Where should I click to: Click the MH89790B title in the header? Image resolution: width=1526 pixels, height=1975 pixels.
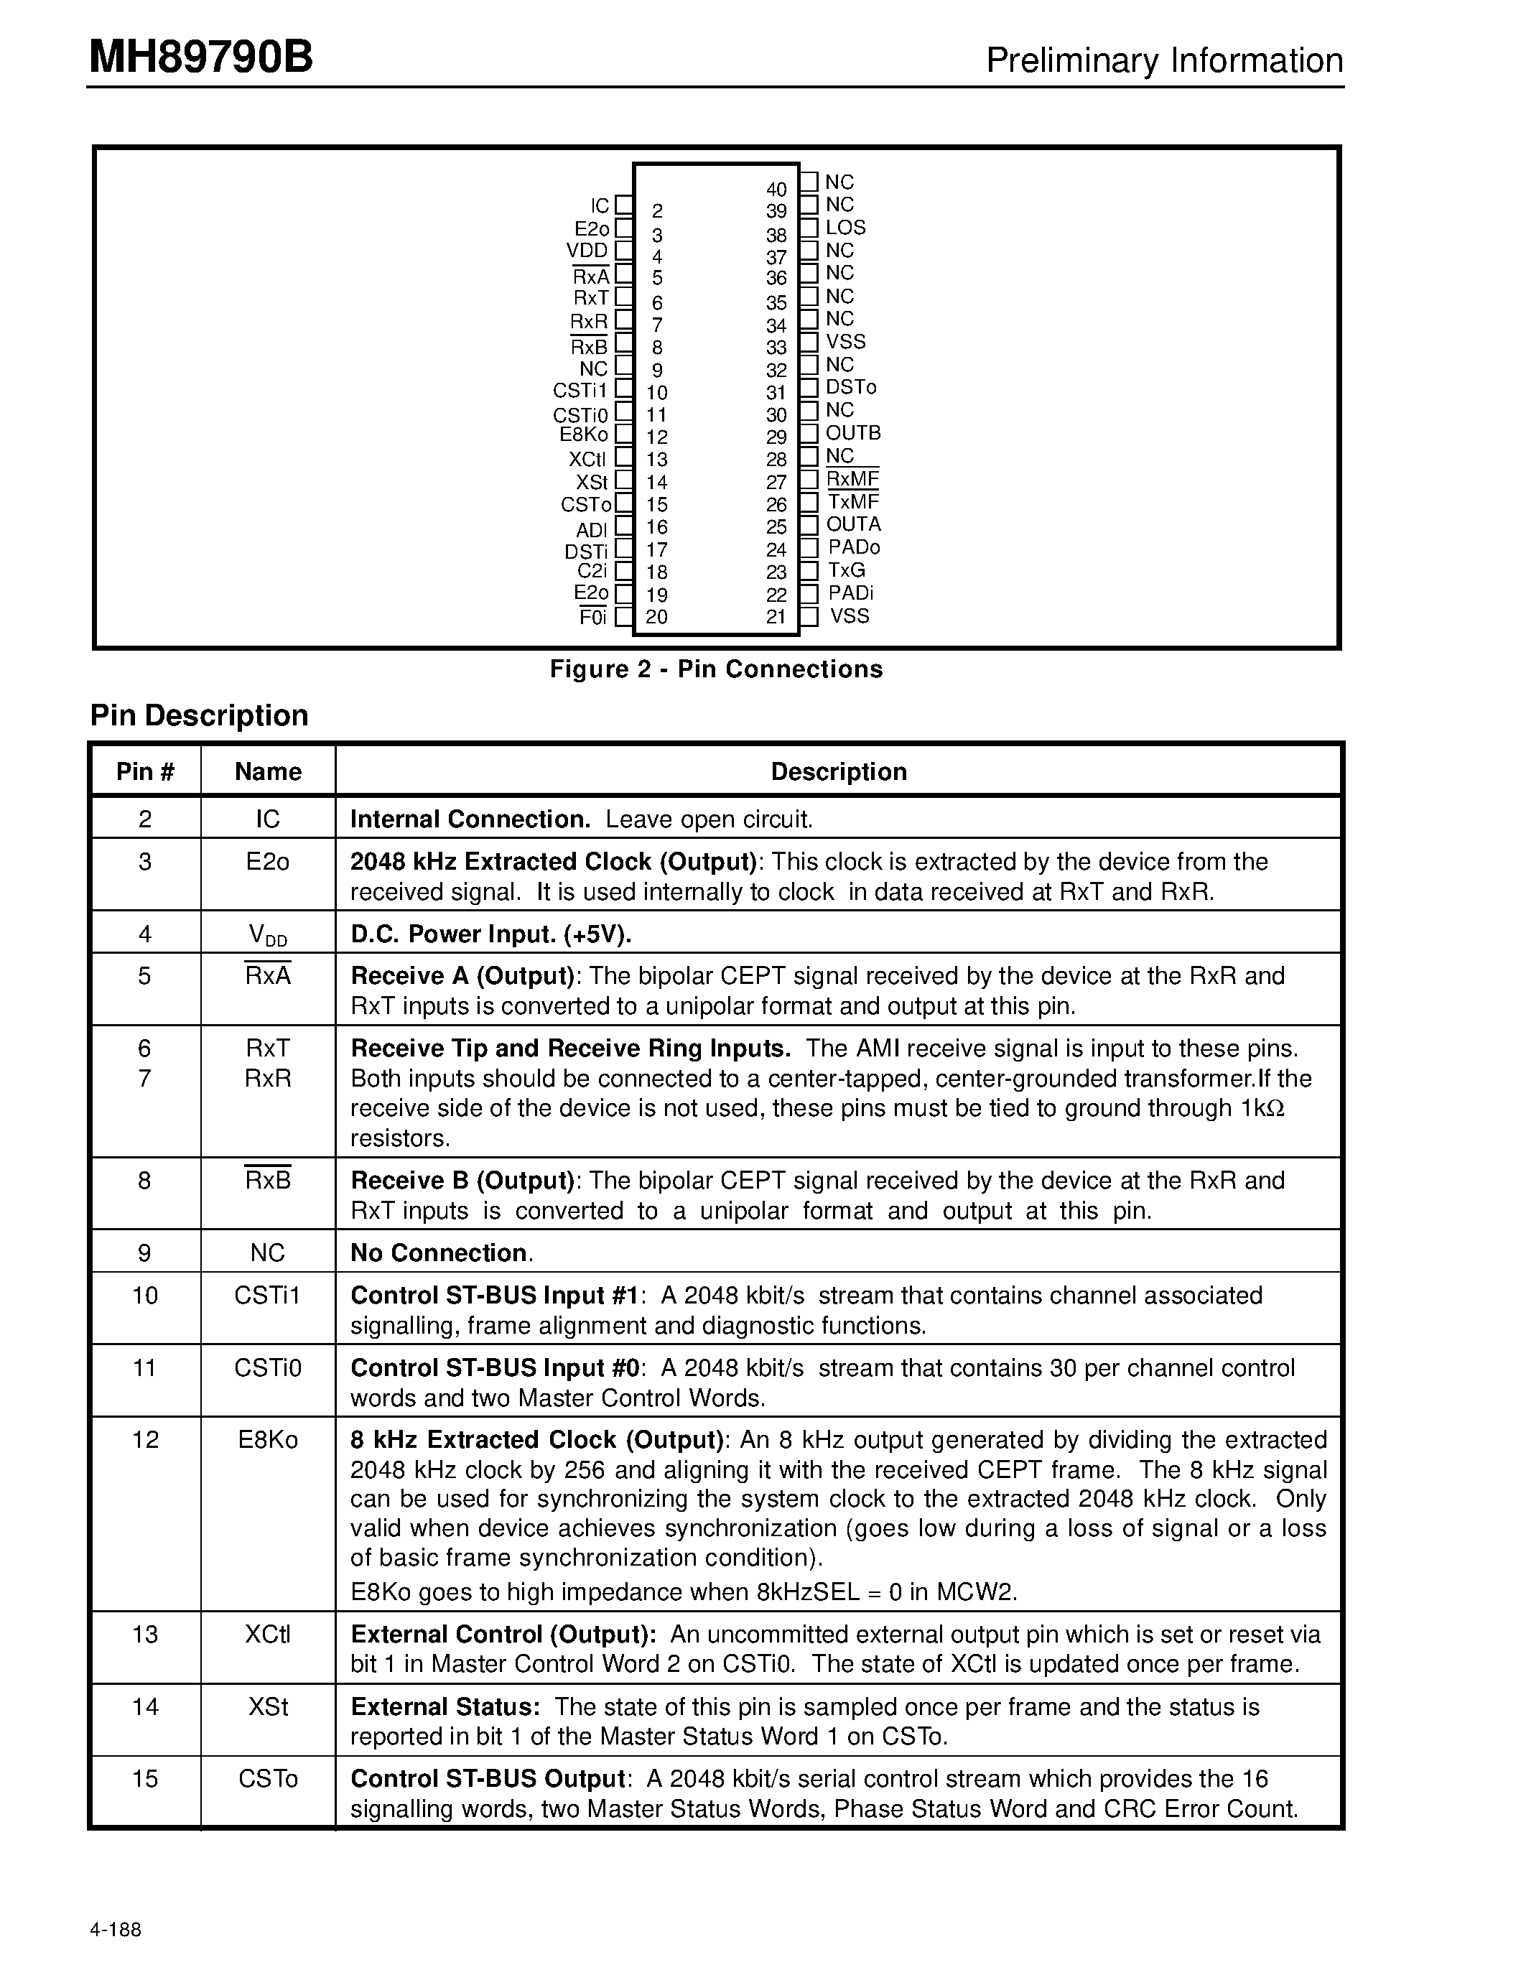click(200, 58)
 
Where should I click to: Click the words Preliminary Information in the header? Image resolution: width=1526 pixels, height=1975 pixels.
click(1164, 60)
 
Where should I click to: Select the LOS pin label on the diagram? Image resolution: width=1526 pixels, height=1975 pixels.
click(845, 228)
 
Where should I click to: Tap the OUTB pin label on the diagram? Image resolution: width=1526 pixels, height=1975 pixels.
click(852, 433)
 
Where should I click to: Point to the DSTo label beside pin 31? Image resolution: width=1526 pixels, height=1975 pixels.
click(851, 387)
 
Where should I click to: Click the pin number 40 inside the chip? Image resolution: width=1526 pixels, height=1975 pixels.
click(776, 189)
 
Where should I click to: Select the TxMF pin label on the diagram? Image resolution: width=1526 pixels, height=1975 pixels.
click(852, 502)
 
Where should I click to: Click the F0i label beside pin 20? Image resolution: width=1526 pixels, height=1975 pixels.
click(593, 618)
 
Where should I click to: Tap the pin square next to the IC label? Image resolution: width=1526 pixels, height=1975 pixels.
click(624, 206)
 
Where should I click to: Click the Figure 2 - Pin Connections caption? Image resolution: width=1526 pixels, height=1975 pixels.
click(716, 669)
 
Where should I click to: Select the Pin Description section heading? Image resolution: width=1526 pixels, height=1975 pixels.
click(199, 715)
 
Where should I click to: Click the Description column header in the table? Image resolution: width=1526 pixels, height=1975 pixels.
click(838, 771)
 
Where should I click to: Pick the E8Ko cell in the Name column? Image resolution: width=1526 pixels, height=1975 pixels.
click(268, 1440)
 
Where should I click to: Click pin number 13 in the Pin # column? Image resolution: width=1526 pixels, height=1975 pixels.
click(144, 1634)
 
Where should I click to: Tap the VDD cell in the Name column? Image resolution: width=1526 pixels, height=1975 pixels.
click(268, 935)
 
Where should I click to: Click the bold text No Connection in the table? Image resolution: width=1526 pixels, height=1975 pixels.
click(439, 1253)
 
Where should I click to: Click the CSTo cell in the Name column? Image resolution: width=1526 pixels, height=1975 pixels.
click(268, 1779)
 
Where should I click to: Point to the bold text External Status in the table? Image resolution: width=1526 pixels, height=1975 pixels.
click(444, 1706)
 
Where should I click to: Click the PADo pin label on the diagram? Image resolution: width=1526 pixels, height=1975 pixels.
click(853, 547)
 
